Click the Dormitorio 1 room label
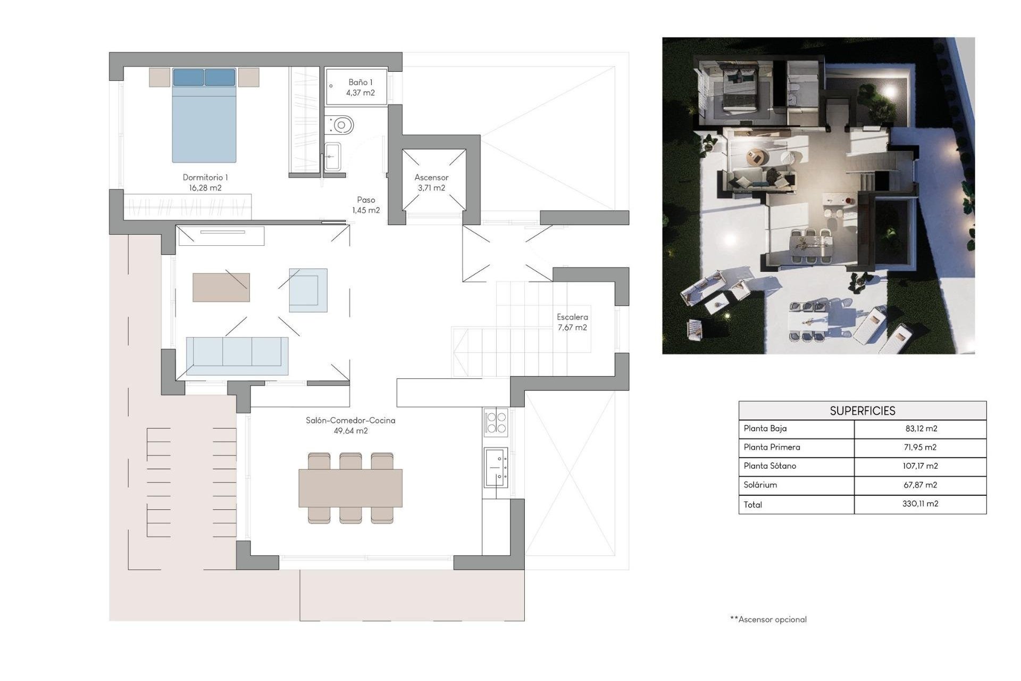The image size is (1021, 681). click(205, 178)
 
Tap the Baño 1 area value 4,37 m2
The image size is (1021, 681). click(361, 93)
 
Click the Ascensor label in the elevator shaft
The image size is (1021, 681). click(431, 178)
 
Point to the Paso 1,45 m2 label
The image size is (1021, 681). click(366, 205)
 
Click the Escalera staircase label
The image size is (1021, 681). click(572, 317)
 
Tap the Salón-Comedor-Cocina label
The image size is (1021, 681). click(350, 420)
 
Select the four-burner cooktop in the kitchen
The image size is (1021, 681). click(496, 422)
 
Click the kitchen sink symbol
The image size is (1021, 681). click(496, 467)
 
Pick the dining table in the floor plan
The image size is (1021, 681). click(350, 488)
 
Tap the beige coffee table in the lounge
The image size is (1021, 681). click(221, 287)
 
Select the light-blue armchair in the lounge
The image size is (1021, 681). click(308, 290)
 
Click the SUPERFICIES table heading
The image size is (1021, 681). click(862, 411)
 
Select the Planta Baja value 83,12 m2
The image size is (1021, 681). click(920, 428)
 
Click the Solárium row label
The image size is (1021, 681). click(760, 485)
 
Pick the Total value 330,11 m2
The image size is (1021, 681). click(920, 503)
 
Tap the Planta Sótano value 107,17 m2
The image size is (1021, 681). click(920, 466)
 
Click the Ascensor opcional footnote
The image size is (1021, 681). click(768, 619)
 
